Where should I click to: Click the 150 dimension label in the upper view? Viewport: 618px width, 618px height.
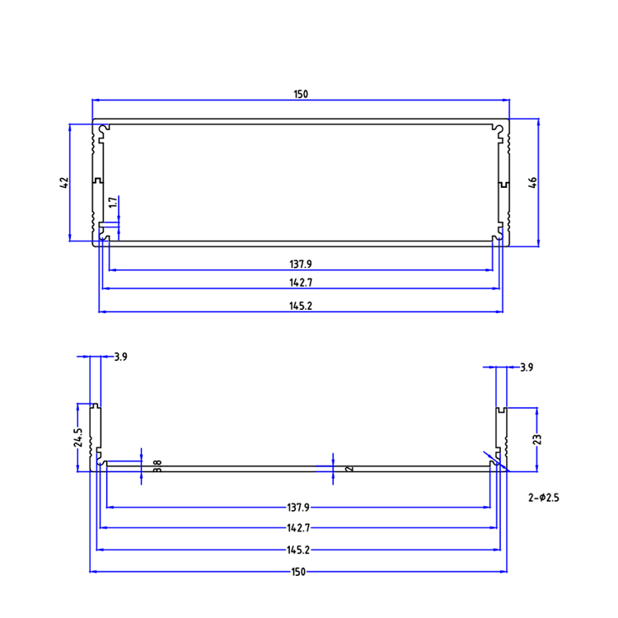pos(301,95)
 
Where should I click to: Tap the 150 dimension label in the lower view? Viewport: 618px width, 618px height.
pos(298,571)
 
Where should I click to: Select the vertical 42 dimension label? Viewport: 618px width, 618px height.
pos(64,183)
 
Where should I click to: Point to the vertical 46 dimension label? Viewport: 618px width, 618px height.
pos(532,183)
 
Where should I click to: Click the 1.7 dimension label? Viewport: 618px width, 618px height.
pos(112,204)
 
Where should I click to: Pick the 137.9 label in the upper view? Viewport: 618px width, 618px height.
pos(301,265)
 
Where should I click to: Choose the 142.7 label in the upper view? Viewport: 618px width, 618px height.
pos(301,283)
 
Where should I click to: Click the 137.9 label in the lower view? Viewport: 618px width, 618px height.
pos(298,508)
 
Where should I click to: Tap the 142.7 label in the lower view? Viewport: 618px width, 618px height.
pos(298,528)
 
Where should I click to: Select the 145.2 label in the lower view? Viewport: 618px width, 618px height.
pos(298,550)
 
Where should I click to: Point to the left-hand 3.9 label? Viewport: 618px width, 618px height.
pos(120,357)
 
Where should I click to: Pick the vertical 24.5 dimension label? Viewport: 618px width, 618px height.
pos(77,438)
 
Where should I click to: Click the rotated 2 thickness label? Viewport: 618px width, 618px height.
pos(351,468)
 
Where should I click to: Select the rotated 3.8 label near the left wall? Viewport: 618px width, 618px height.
pos(157,466)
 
